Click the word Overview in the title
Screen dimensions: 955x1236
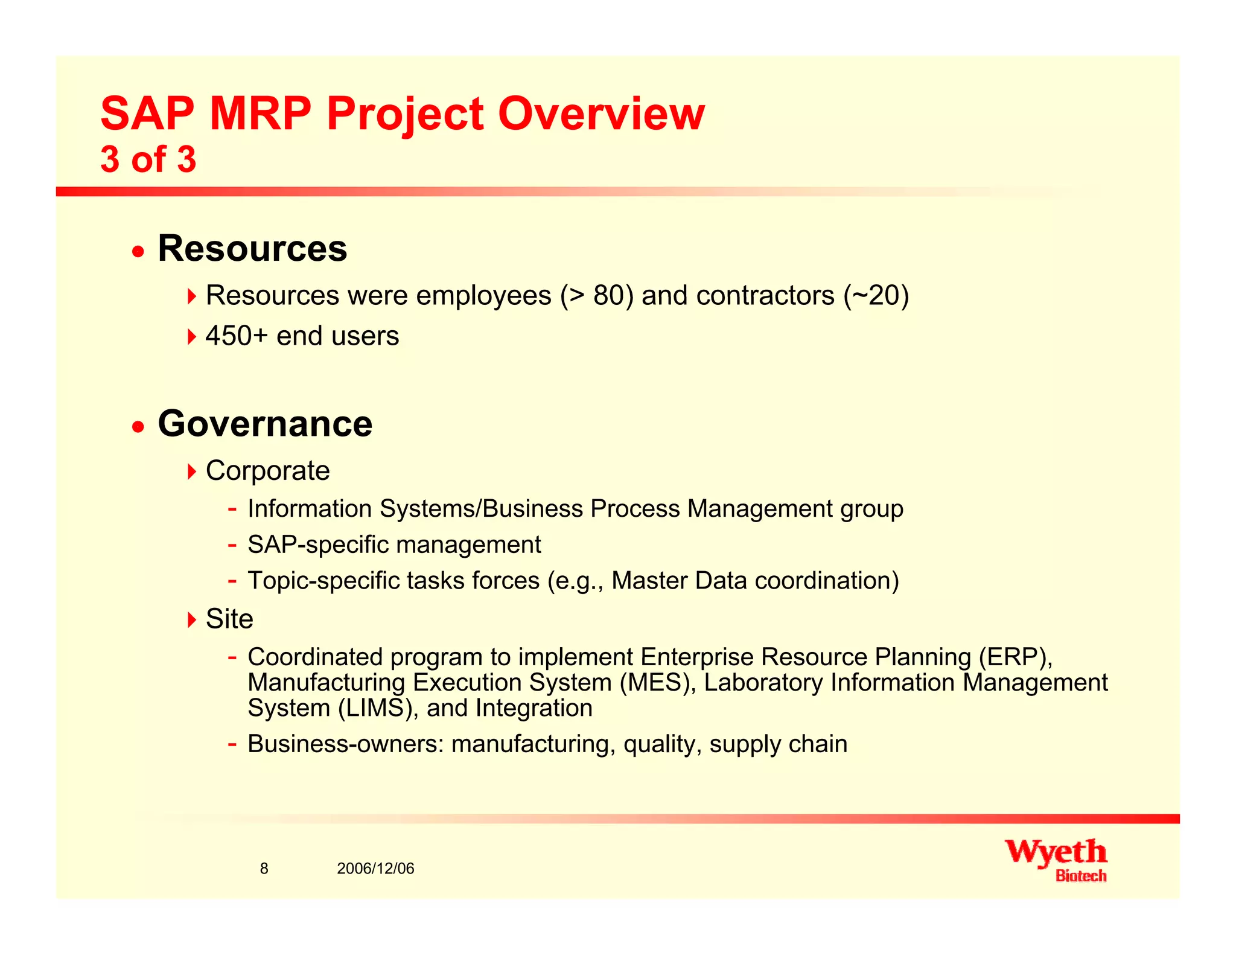(600, 113)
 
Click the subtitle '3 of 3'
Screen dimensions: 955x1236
(148, 159)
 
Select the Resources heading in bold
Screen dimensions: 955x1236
(252, 248)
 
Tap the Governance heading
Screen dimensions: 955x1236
(265, 424)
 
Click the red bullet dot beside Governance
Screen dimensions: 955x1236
(139, 427)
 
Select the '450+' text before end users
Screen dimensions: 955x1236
(236, 336)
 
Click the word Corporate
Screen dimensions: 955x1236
(267, 471)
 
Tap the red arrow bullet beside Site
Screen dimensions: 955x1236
(191, 619)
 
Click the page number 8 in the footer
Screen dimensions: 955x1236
(264, 869)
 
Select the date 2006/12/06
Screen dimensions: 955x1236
(375, 869)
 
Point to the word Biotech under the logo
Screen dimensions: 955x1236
(1080, 876)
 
